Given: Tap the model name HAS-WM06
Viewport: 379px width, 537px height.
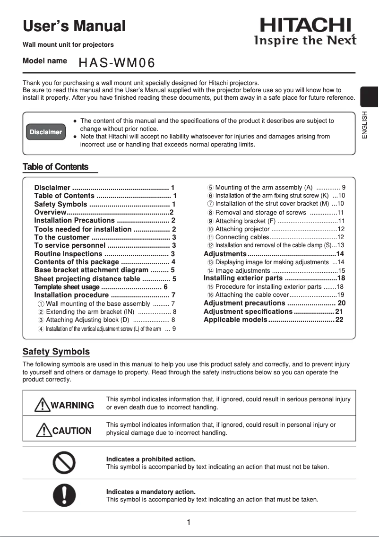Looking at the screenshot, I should click(x=117, y=63).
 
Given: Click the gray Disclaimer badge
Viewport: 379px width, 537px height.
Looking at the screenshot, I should click(x=46, y=132).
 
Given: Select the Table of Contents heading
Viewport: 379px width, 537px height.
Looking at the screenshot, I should click(x=56, y=167).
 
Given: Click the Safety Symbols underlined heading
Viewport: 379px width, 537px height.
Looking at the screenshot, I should click(x=56, y=352).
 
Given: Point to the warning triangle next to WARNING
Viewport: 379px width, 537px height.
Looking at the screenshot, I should click(x=43, y=405).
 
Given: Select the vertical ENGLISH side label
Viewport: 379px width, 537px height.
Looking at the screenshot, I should click(x=364, y=125).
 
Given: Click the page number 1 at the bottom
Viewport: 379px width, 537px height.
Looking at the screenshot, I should click(x=189, y=522).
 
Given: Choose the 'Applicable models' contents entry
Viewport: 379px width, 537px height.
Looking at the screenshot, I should click(x=235, y=320).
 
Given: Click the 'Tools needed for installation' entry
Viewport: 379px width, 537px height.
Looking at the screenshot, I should click(x=83, y=229).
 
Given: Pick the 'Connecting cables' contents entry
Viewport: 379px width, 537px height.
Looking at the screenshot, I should click(x=242, y=237).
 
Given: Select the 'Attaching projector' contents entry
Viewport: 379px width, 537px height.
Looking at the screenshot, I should click(x=242, y=229).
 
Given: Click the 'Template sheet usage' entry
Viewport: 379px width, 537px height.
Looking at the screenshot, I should click(x=67, y=287).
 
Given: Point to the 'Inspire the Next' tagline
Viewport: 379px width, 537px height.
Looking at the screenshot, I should click(x=305, y=40).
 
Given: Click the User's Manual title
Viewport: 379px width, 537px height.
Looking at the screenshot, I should click(x=74, y=26).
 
